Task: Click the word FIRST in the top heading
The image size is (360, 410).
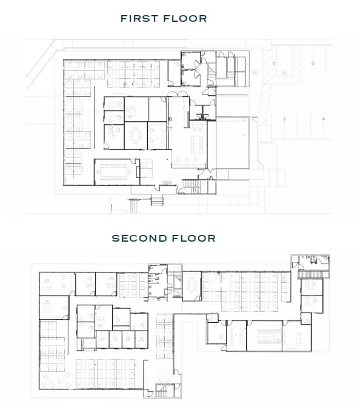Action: click(x=139, y=19)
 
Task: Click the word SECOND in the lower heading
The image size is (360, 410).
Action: click(x=139, y=238)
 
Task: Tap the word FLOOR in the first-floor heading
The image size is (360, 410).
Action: click(x=185, y=19)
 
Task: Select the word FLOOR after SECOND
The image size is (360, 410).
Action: click(x=194, y=238)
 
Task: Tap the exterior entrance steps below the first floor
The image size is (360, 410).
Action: click(x=157, y=200)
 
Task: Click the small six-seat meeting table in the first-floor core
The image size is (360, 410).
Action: click(x=136, y=135)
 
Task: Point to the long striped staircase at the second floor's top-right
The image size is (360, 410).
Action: click(x=313, y=274)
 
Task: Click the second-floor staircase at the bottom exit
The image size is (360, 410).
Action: click(x=162, y=391)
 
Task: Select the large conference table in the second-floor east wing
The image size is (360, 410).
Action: click(x=269, y=337)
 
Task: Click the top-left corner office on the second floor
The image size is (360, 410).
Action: click(x=57, y=283)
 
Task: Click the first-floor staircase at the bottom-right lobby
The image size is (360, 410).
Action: click(x=193, y=186)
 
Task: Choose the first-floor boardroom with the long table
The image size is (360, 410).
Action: click(x=117, y=172)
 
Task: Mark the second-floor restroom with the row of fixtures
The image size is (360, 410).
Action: click(x=158, y=280)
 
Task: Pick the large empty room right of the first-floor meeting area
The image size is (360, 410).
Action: click(x=232, y=143)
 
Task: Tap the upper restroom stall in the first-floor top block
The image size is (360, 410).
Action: click(x=190, y=60)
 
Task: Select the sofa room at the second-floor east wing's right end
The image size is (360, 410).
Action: click(x=297, y=336)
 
